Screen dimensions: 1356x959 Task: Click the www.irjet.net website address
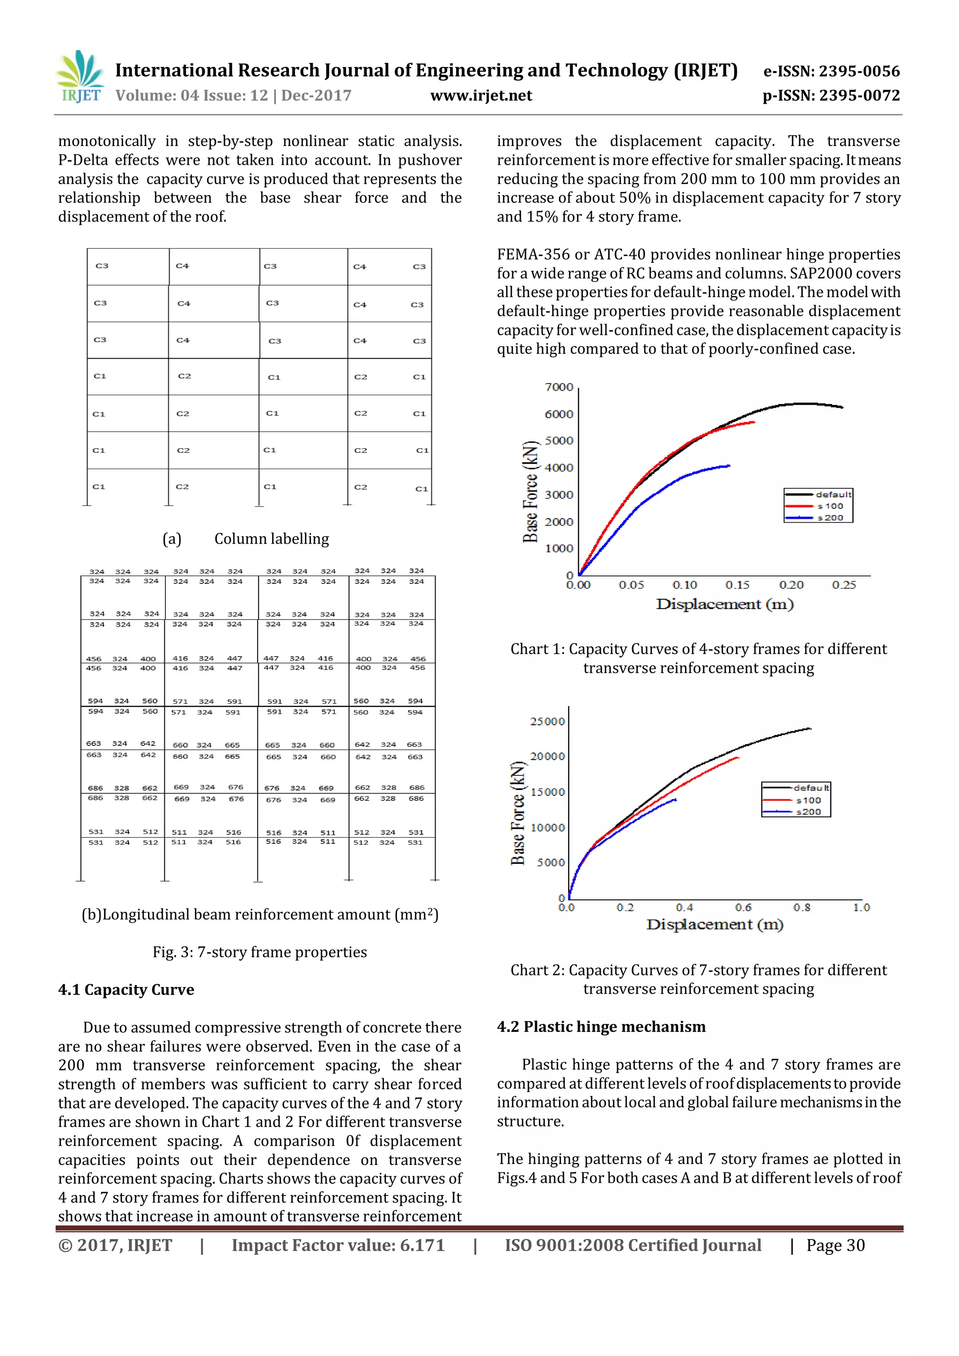point(481,95)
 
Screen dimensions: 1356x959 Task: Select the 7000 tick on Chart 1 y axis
point(559,387)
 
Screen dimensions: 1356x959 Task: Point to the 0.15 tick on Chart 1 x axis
point(737,585)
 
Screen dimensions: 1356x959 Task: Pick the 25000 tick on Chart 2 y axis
point(547,721)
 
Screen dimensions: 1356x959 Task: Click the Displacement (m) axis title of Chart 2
point(714,924)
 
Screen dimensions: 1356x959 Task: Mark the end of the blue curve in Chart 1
point(730,465)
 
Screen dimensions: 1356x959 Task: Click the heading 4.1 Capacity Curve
point(126,989)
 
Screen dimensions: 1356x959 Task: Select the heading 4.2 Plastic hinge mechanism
point(601,1026)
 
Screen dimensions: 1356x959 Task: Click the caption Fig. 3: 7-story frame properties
point(259,951)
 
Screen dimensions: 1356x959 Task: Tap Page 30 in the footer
point(835,1245)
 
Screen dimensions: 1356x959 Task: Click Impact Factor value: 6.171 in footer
point(338,1245)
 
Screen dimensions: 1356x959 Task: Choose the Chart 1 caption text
point(698,658)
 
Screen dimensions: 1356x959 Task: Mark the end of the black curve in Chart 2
point(810,728)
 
